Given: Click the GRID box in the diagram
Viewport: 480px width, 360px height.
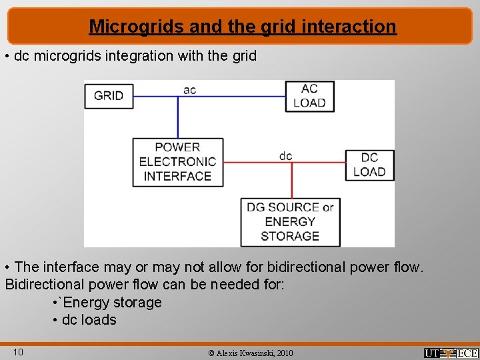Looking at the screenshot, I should (x=109, y=95).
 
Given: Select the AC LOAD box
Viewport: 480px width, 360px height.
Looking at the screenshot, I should (x=309, y=95).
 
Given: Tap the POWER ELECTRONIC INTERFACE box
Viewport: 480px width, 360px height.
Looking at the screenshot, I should (x=177, y=161).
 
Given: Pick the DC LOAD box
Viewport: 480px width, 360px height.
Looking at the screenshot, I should (x=369, y=165).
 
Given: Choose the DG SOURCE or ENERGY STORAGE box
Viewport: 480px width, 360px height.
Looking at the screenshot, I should (x=290, y=221).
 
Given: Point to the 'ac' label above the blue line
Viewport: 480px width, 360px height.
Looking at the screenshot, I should (x=189, y=89).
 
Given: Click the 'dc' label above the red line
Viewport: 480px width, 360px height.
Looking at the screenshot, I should (x=285, y=155).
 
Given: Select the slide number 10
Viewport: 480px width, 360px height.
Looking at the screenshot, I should (x=19, y=351).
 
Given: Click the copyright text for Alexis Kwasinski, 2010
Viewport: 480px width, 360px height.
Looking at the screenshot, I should (x=250, y=353).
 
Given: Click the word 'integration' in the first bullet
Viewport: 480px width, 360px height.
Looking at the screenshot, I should (x=136, y=56).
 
